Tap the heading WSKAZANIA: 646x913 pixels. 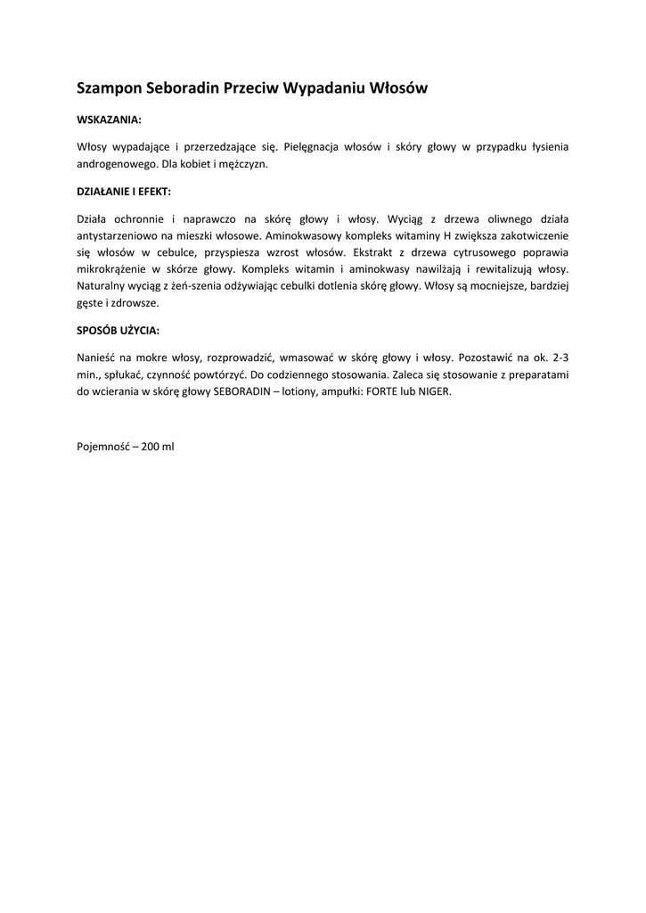109,119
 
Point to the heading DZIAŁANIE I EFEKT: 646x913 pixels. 124,191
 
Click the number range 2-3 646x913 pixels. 560,358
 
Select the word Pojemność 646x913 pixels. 104,446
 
